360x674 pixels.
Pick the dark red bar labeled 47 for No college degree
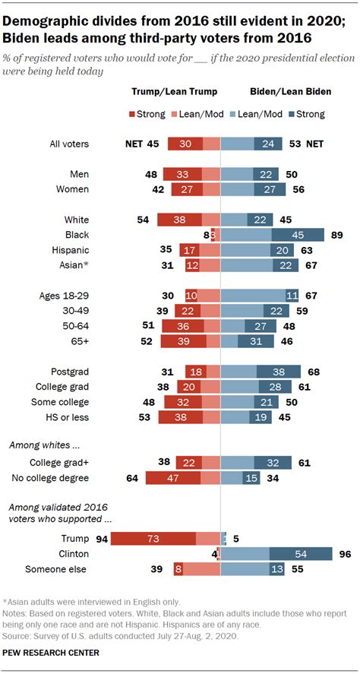click(x=173, y=477)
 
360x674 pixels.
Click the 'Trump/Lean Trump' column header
click(x=175, y=91)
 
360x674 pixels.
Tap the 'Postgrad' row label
click(x=69, y=371)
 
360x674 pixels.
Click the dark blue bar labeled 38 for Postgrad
click(x=279, y=371)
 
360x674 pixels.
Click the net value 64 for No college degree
click(x=131, y=477)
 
